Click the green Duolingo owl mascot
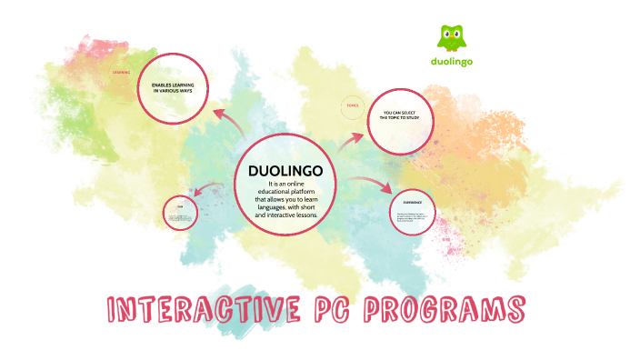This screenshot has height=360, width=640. tap(453, 37)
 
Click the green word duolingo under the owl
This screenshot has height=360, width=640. tap(454, 62)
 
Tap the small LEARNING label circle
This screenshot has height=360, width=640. tap(121, 72)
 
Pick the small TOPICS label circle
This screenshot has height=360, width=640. tap(353, 106)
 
